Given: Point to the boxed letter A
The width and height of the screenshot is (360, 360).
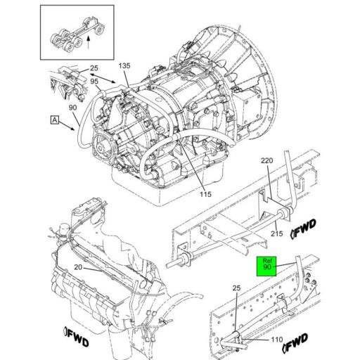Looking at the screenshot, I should tap(54, 121).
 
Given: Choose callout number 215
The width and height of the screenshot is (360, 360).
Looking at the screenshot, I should tap(276, 233).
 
